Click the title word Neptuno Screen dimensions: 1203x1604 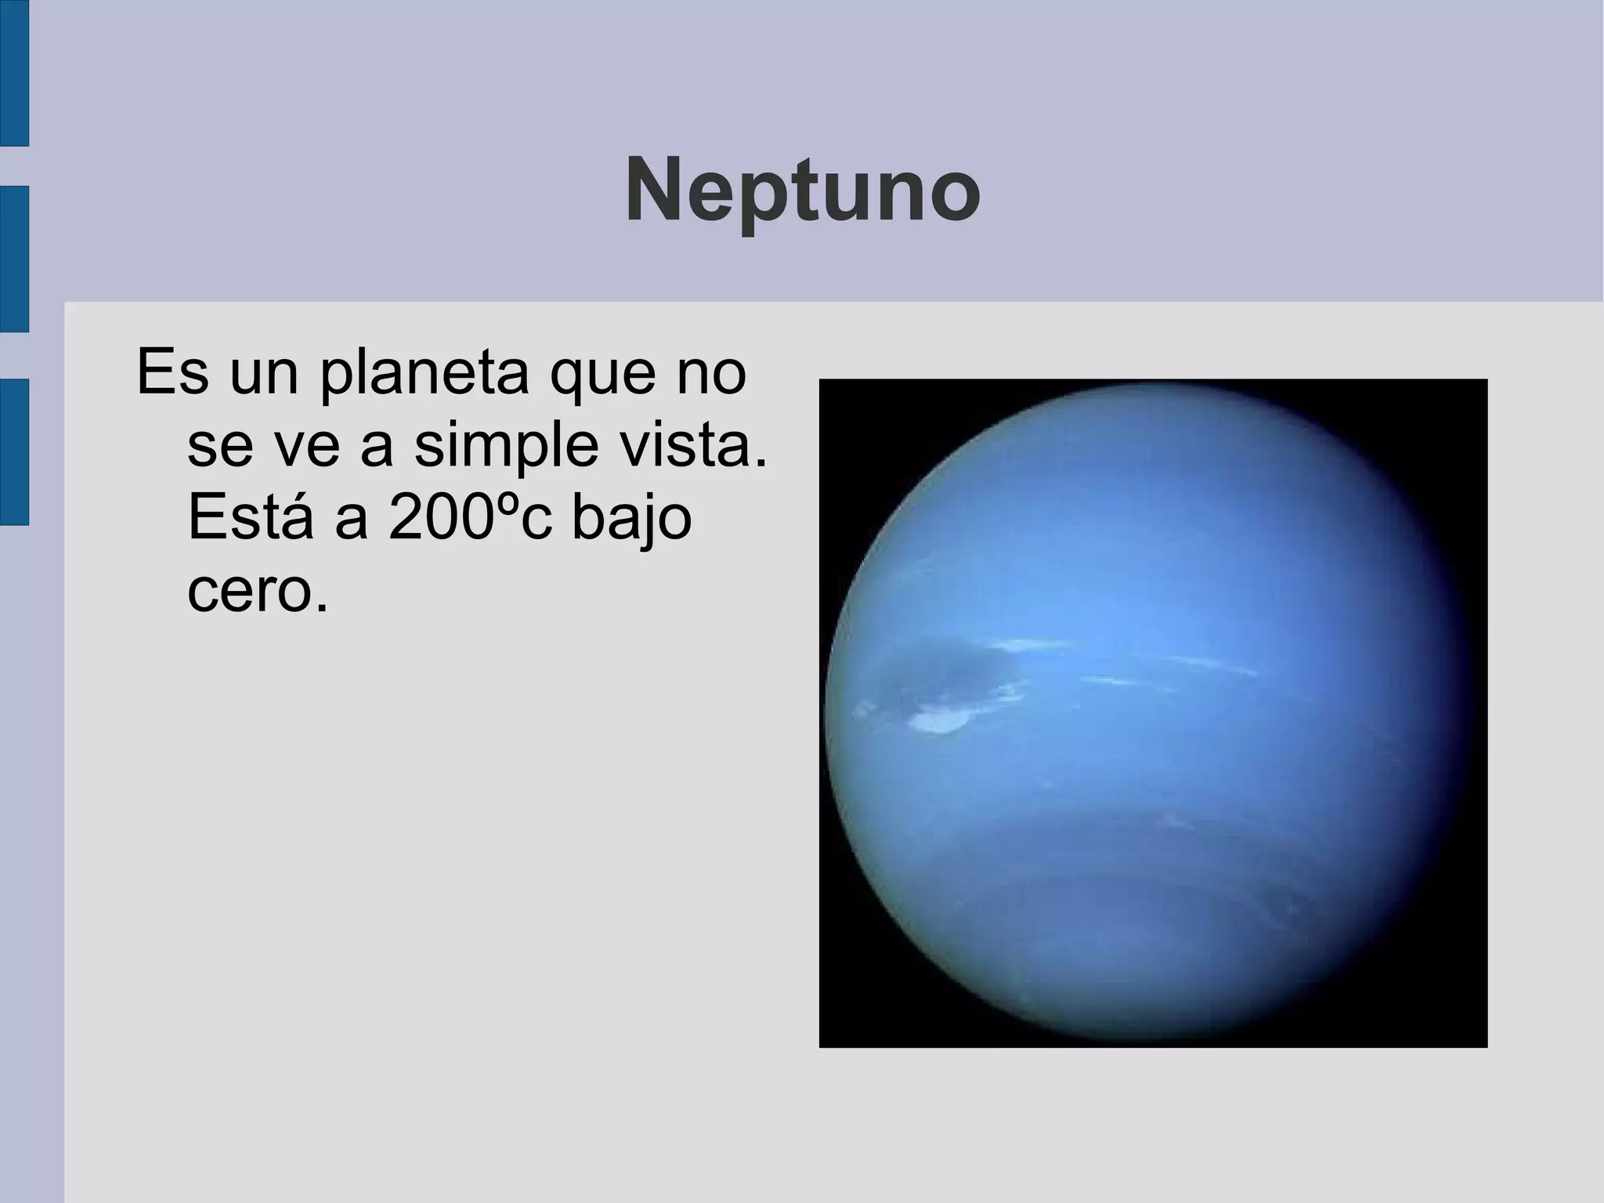[802, 191]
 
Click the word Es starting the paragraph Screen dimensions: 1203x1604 [172, 372]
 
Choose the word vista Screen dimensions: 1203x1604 [693, 444]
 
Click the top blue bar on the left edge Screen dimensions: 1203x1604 [14, 73]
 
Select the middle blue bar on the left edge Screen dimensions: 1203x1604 [14, 259]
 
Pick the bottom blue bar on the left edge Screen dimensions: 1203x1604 [14, 451]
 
